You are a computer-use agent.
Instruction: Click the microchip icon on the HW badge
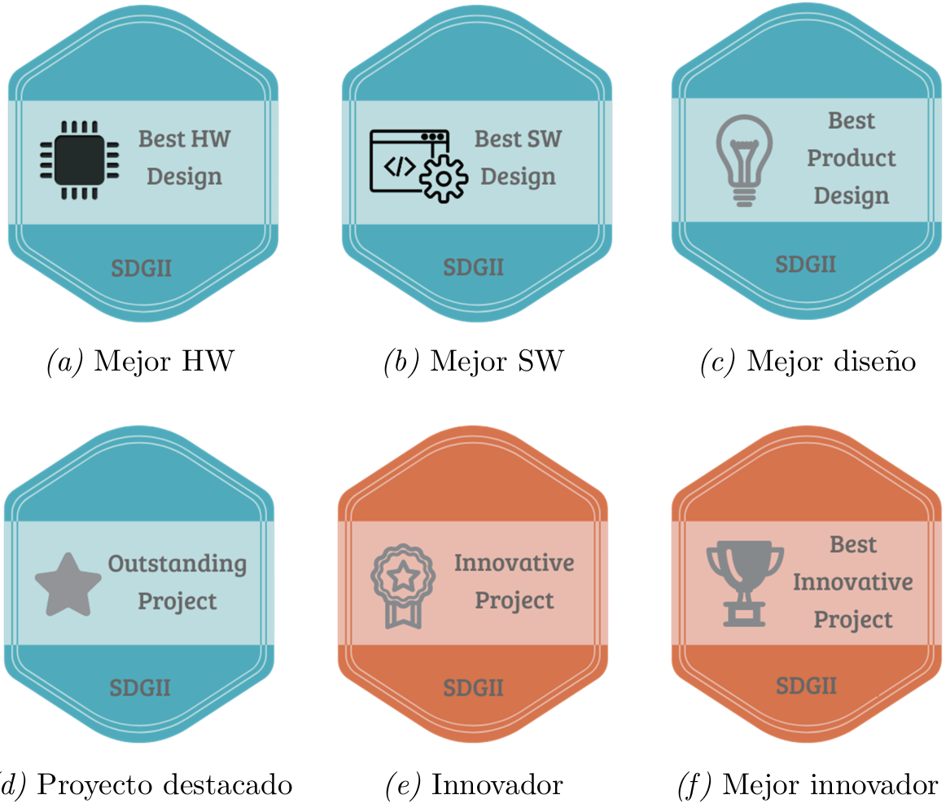pyautogui.click(x=79, y=158)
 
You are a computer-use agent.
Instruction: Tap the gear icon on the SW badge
pyautogui.click(x=443, y=177)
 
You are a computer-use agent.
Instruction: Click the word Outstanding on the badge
pyautogui.click(x=177, y=564)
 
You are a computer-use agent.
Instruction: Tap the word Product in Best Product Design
pyautogui.click(x=851, y=158)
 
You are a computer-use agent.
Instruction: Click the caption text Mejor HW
pyautogui.click(x=163, y=361)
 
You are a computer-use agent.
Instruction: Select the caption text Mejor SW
pyautogui.click(x=496, y=361)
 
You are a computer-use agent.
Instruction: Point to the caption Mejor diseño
pyautogui.click(x=830, y=361)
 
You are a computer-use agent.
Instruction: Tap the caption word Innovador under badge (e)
pyautogui.click(x=497, y=785)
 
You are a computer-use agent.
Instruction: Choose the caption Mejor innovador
pyautogui.click(x=830, y=785)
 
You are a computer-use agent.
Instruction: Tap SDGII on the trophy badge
pyautogui.click(x=806, y=685)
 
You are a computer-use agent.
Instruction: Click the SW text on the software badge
pyautogui.click(x=541, y=138)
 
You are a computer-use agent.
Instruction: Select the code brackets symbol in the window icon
pyautogui.click(x=399, y=166)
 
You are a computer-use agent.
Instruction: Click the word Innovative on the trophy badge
pyautogui.click(x=852, y=582)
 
